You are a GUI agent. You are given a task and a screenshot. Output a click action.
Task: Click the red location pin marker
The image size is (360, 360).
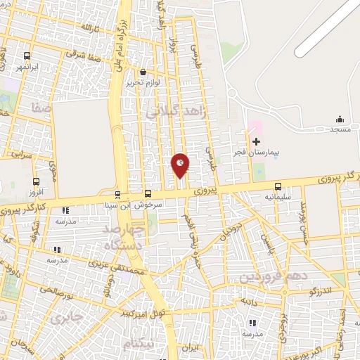(180, 166)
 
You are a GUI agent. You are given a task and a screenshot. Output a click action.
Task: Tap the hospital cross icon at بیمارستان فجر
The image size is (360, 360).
(256, 141)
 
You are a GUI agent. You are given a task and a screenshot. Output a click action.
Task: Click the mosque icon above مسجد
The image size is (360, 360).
(340, 119)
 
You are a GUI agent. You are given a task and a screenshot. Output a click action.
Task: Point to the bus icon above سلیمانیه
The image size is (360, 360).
(279, 186)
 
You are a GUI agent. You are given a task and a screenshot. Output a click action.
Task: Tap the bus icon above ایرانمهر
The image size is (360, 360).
(27, 56)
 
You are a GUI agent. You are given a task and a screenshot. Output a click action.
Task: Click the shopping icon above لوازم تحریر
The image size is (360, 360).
(143, 72)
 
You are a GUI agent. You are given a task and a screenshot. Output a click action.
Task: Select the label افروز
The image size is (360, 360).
(34, 192)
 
